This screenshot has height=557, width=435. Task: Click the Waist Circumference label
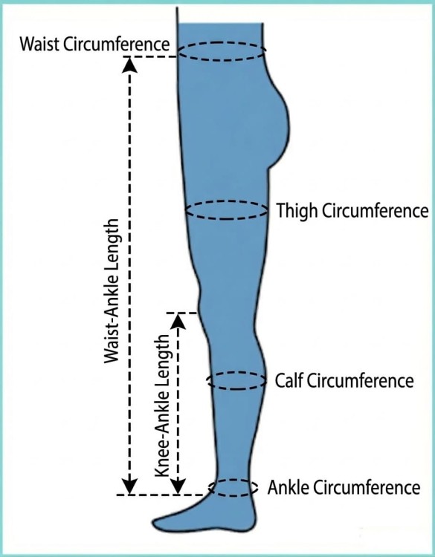[94, 45]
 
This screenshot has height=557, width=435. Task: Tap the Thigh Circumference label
[352, 211]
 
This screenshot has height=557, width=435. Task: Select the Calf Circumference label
[344, 381]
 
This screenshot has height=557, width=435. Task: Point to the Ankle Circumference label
[344, 487]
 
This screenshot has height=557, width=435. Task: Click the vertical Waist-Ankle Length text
[112, 290]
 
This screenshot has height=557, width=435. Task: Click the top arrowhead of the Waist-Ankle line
[129, 65]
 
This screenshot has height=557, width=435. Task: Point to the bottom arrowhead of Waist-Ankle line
[129, 486]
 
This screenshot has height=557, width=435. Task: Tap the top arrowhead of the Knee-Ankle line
[178, 321]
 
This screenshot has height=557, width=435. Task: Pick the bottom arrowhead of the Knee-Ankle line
[178, 486]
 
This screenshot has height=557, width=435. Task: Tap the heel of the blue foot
[251, 521]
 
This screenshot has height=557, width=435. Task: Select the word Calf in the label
[289, 381]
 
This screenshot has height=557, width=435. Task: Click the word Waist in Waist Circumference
[39, 45]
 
